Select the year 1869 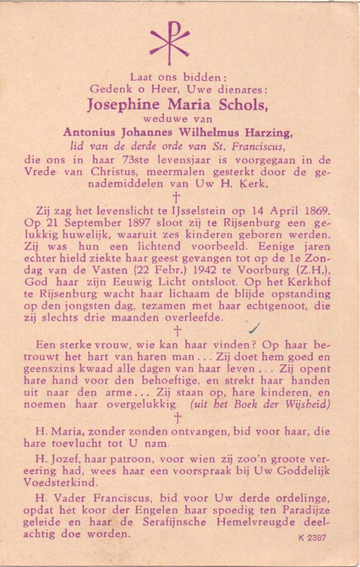(314, 211)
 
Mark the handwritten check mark (254, 329)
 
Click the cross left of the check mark (177, 331)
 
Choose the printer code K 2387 (312, 537)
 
